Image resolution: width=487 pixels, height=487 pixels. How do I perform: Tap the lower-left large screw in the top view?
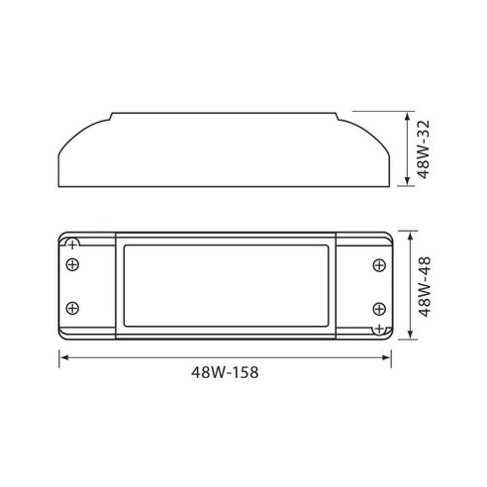click(x=72, y=307)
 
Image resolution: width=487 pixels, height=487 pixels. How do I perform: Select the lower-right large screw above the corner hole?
click(x=378, y=307)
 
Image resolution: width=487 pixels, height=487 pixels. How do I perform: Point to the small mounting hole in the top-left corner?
click(x=71, y=243)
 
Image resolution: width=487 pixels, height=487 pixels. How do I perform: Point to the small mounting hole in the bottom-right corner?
click(x=378, y=329)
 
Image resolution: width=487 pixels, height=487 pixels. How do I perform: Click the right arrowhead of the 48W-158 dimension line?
click(x=389, y=357)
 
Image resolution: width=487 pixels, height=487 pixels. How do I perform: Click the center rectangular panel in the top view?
click(x=226, y=285)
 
